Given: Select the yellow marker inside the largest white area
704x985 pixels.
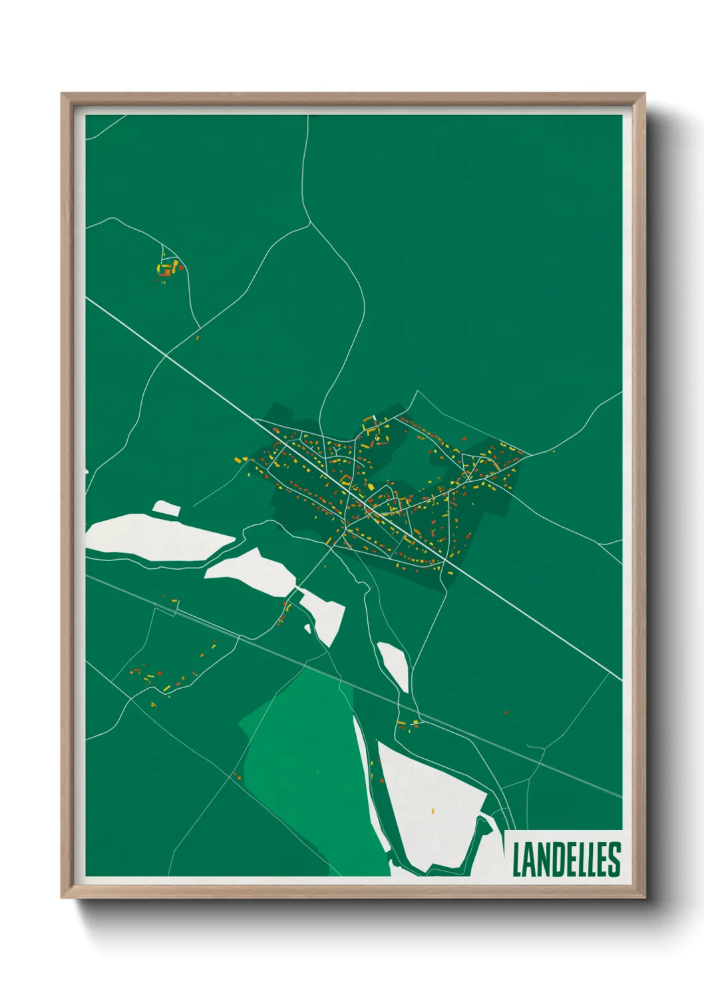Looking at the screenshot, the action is coord(433,811).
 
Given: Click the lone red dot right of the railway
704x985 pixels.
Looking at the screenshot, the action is coord(506,712).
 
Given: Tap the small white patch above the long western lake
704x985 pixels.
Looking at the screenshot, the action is coord(166,508).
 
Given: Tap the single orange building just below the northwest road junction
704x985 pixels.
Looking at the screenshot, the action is coord(198,337).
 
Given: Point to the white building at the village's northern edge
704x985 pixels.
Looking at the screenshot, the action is coord(375,418).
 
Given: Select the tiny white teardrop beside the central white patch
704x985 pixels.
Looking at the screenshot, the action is coord(307,628).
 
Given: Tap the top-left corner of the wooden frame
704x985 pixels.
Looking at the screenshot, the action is coord(63,95).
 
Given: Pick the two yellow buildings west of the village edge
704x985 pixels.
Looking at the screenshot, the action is coord(241,459).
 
